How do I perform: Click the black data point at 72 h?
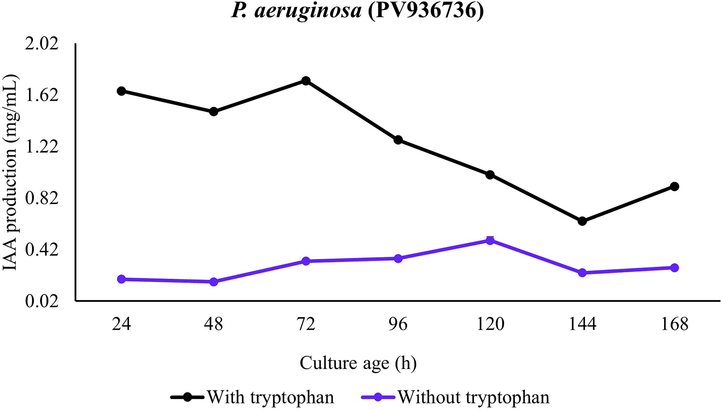[x=306, y=81]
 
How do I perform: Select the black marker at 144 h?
[x=582, y=221]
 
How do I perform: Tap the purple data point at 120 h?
[x=490, y=240]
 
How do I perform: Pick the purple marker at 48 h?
[x=214, y=281]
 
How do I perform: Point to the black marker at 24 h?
[x=121, y=91]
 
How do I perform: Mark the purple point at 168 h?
[x=674, y=268]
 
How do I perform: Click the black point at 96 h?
[x=398, y=140]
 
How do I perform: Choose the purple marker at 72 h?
[x=306, y=261]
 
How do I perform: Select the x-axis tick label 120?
[x=490, y=324]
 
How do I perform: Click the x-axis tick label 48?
[x=214, y=324]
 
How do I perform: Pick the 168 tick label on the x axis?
[x=674, y=324]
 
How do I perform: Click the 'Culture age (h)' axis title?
[x=358, y=363]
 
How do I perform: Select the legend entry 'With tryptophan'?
[x=270, y=397]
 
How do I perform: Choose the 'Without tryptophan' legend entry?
[x=473, y=397]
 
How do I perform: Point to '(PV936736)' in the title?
[x=425, y=10]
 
